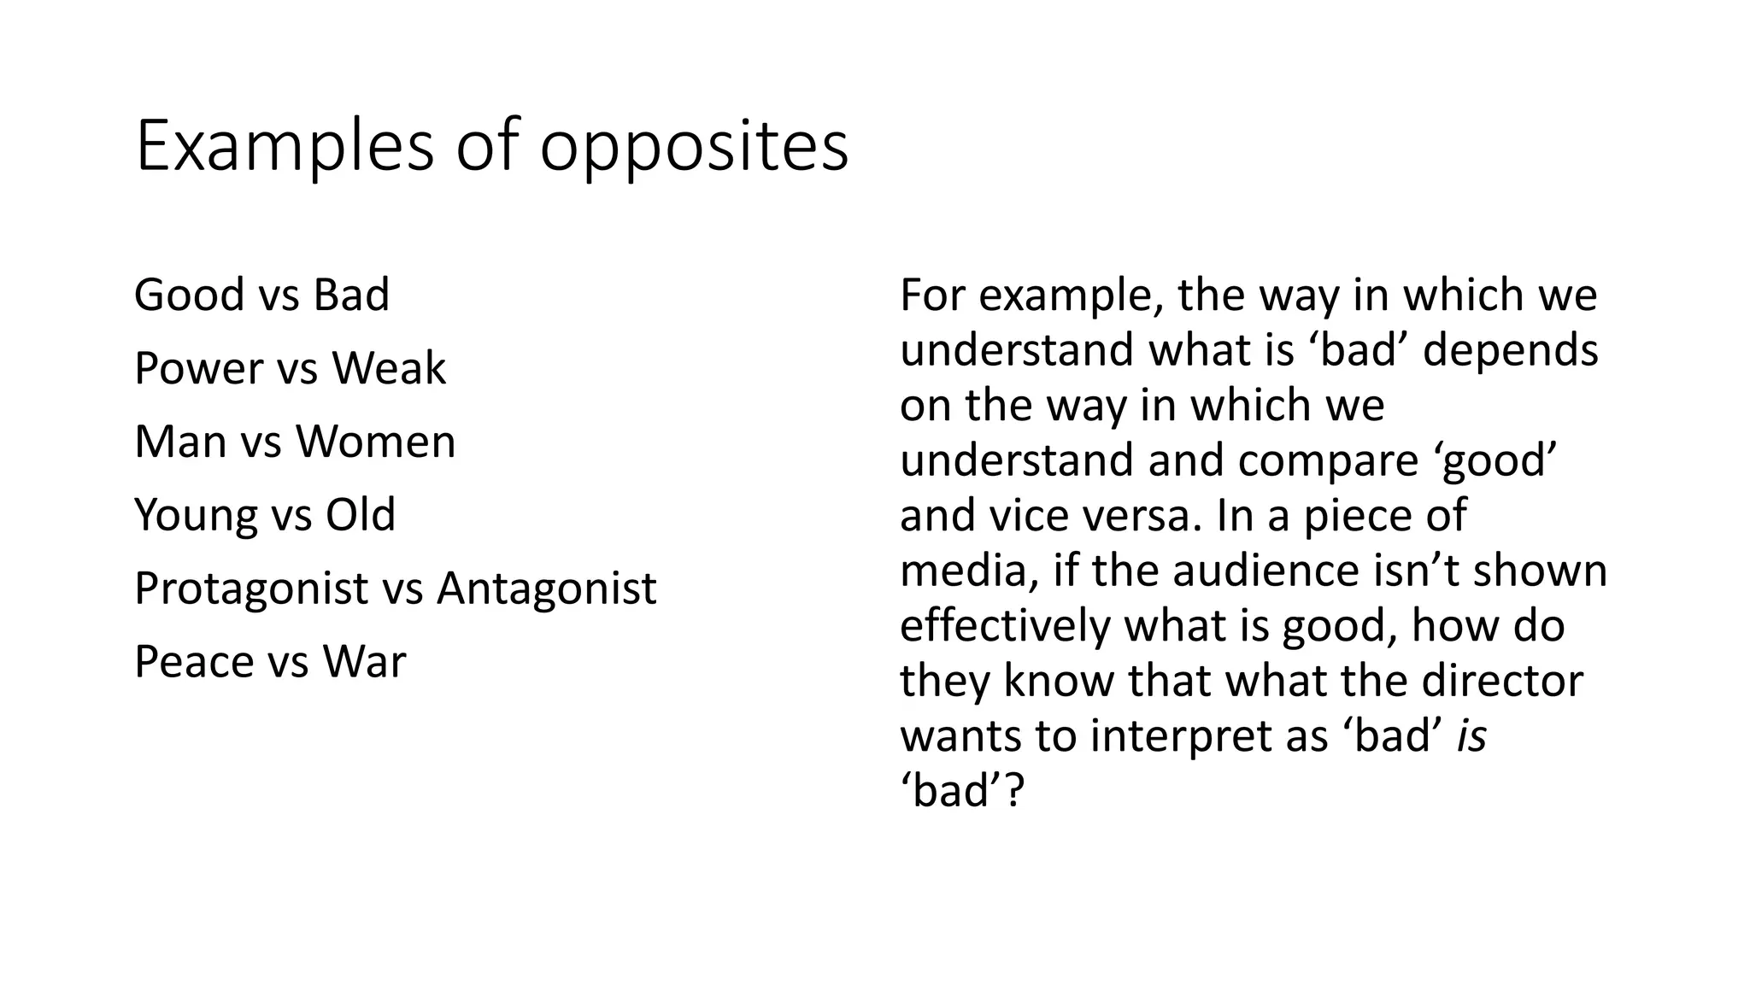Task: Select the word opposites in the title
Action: (x=694, y=149)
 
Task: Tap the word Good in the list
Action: (x=189, y=295)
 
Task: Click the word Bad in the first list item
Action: (x=351, y=295)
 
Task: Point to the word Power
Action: (x=199, y=368)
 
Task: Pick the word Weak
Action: (x=389, y=368)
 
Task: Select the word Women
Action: (x=376, y=442)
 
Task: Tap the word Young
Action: (x=196, y=516)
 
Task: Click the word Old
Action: (x=361, y=515)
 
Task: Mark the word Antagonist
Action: (x=547, y=589)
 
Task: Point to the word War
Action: (x=365, y=662)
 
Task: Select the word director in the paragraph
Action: (x=1503, y=681)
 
